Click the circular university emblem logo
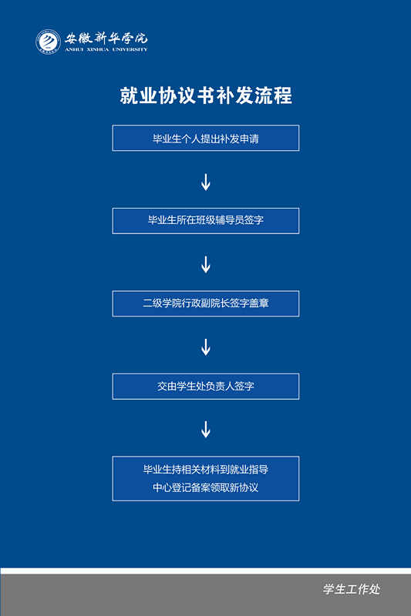(48, 42)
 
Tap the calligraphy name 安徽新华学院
(106, 38)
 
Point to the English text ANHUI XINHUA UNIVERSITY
(106, 49)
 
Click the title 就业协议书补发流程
(206, 95)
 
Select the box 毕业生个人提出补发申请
(206, 138)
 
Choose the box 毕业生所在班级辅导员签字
(206, 221)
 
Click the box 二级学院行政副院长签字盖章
(206, 303)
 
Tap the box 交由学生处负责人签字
(206, 387)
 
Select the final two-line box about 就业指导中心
(206, 478)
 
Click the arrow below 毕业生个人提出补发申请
(206, 182)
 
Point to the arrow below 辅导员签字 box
(206, 265)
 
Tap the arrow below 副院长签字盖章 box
(206, 347)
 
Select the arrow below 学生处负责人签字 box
(206, 430)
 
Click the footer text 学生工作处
(352, 589)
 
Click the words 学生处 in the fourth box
(190, 387)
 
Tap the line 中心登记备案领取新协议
(206, 487)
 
